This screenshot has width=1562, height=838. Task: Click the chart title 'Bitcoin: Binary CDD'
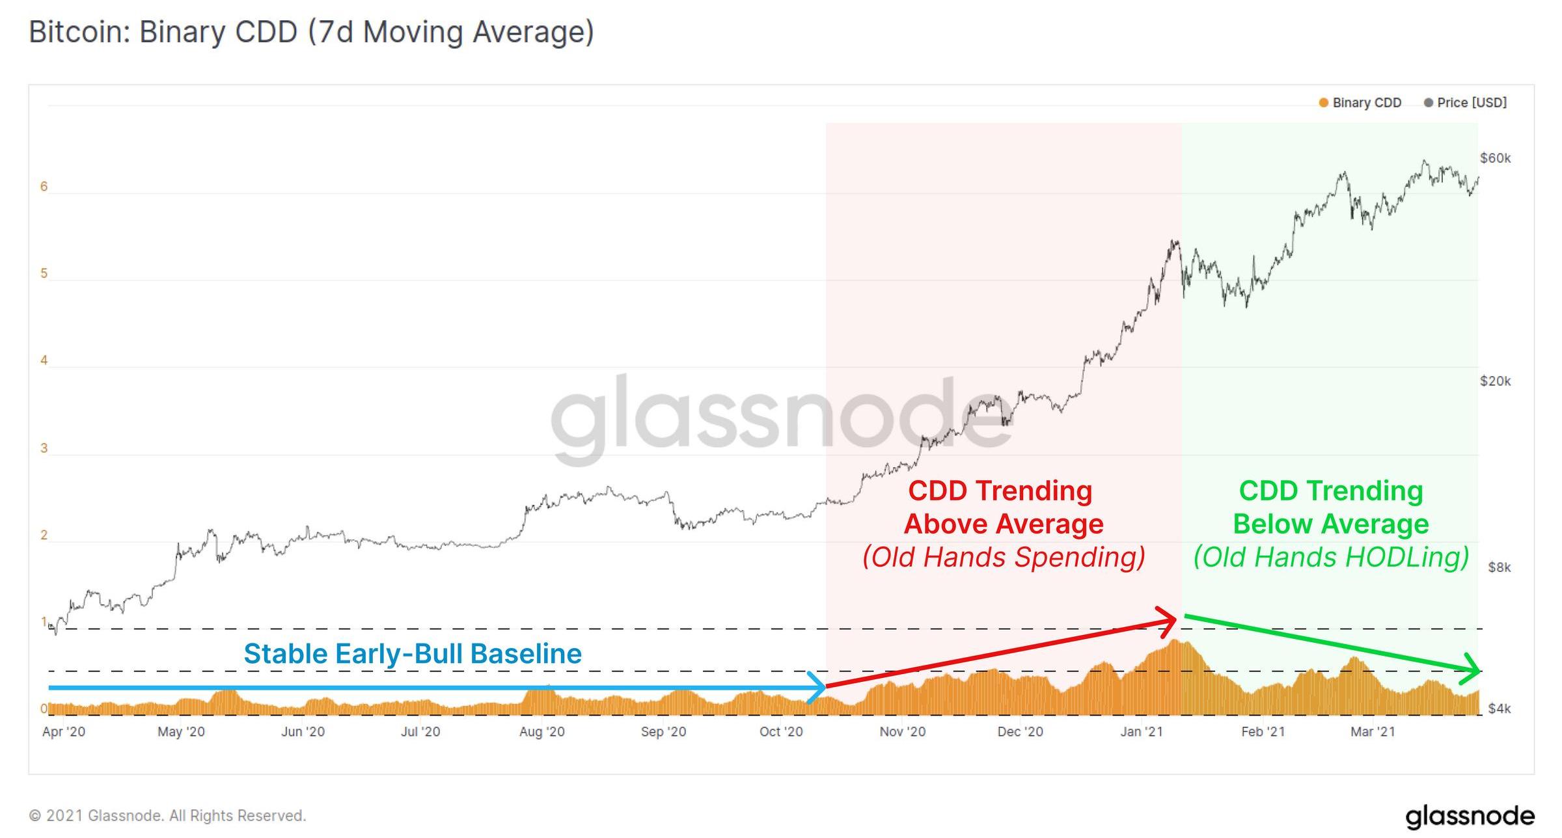click(x=311, y=33)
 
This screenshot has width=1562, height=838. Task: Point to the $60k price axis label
click(x=1495, y=158)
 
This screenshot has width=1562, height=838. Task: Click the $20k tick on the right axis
click(x=1495, y=381)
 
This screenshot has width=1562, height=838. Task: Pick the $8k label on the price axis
click(x=1499, y=567)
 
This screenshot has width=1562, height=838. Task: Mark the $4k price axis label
click(x=1499, y=709)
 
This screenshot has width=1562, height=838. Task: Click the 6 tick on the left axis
click(x=44, y=187)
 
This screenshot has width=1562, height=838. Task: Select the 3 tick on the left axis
click(x=44, y=448)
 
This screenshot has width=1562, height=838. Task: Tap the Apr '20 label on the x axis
click(x=64, y=732)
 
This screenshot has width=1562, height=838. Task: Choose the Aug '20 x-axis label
click(x=541, y=732)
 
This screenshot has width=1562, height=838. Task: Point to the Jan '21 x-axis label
click(x=1142, y=732)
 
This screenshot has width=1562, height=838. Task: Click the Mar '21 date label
click(x=1373, y=732)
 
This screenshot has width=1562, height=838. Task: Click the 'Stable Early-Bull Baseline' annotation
click(x=413, y=654)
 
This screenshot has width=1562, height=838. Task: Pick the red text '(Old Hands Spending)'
click(x=1003, y=558)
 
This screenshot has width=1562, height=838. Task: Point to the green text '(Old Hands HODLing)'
click(x=1331, y=558)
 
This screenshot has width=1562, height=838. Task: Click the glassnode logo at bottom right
click(x=1469, y=816)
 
